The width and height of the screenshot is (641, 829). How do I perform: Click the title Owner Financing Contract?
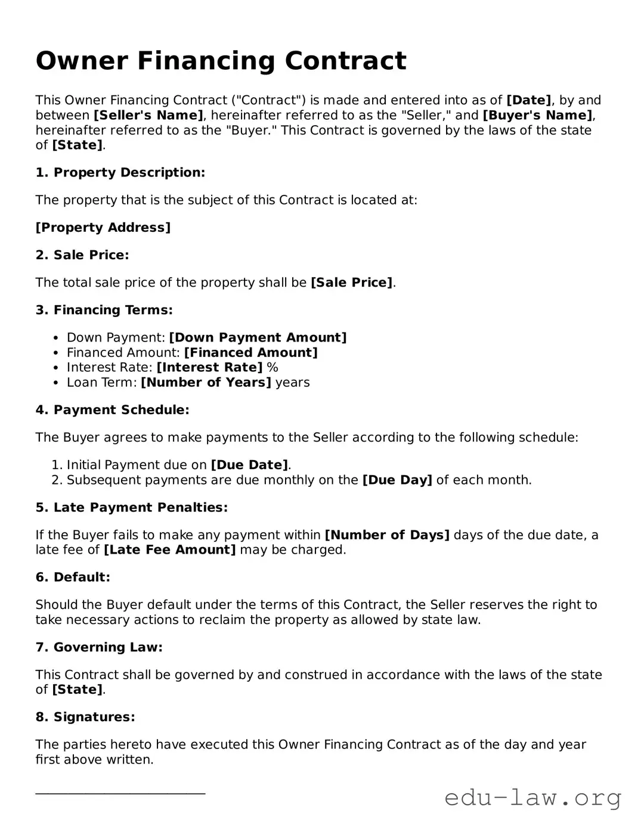(x=221, y=61)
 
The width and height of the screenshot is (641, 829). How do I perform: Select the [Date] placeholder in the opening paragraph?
(x=528, y=100)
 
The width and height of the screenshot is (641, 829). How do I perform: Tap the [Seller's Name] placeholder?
(x=148, y=115)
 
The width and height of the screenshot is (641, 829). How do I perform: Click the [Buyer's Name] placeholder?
(x=537, y=115)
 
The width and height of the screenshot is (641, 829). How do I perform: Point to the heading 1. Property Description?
(x=120, y=173)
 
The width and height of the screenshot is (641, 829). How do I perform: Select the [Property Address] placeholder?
(x=103, y=228)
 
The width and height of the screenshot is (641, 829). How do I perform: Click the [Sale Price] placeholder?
(x=351, y=282)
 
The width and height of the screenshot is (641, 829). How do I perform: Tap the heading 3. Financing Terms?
(x=104, y=310)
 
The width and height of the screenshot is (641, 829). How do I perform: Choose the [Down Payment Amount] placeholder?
(x=258, y=338)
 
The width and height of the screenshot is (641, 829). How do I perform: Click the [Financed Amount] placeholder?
(x=250, y=353)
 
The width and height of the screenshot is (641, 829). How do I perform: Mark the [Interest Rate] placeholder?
(x=209, y=368)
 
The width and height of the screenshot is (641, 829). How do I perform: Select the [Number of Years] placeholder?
(x=206, y=383)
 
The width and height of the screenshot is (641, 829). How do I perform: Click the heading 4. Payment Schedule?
(x=112, y=410)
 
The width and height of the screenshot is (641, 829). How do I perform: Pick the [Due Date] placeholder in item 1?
(x=249, y=465)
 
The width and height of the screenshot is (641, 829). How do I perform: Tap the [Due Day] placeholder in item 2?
(x=397, y=480)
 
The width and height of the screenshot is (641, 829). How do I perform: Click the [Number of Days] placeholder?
(x=386, y=535)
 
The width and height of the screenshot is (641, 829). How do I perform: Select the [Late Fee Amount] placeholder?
(x=170, y=549)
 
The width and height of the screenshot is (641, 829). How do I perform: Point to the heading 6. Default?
(x=73, y=577)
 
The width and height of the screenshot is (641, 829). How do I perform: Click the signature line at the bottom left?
(x=120, y=793)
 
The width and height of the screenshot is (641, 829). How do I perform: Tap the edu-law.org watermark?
(x=532, y=797)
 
